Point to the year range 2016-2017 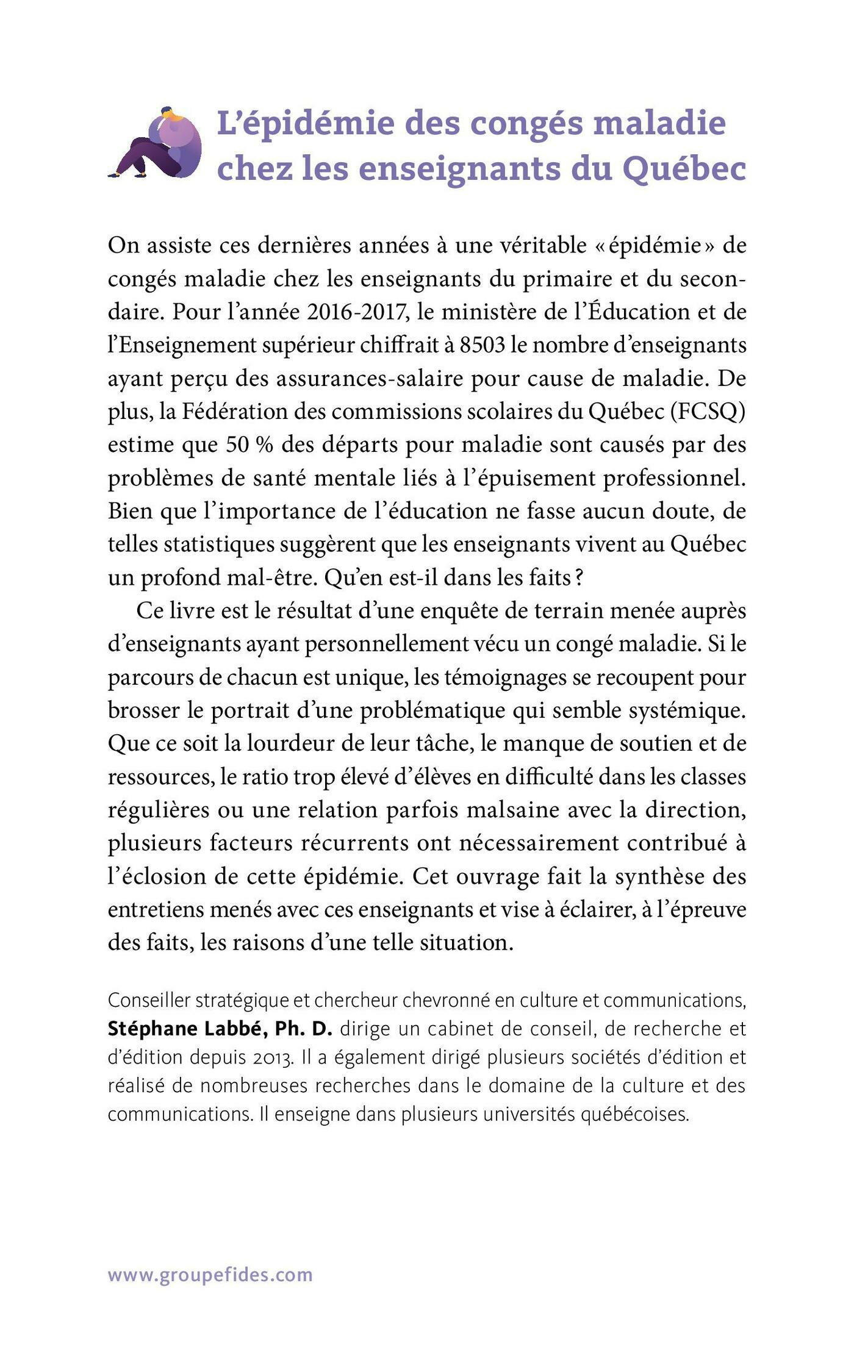(357, 312)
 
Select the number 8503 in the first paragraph (483, 345)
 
